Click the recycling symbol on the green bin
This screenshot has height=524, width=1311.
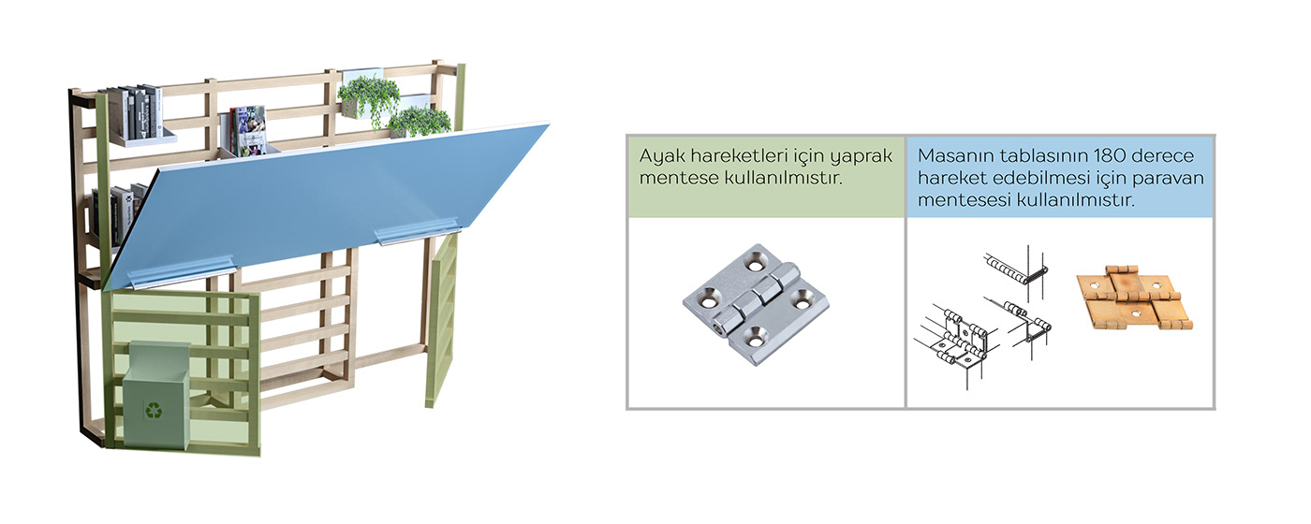[x=153, y=409]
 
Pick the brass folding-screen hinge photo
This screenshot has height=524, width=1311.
[x=1134, y=298]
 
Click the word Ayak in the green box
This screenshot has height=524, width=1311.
[x=659, y=154]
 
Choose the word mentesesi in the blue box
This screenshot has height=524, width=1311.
[x=962, y=199]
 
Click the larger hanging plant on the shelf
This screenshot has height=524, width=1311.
[x=369, y=96]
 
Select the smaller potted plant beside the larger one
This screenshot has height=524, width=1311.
[x=420, y=121]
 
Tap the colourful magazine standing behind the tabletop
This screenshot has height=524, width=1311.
[x=249, y=129]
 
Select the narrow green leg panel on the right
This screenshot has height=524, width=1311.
[x=441, y=318]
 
